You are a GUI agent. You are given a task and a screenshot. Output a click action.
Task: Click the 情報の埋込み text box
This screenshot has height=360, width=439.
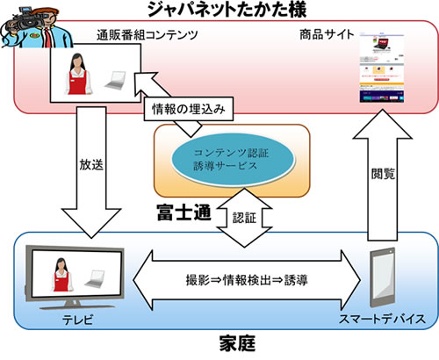[x=181, y=112]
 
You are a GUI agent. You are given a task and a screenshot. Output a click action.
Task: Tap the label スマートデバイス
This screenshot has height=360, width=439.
[x=384, y=320]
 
